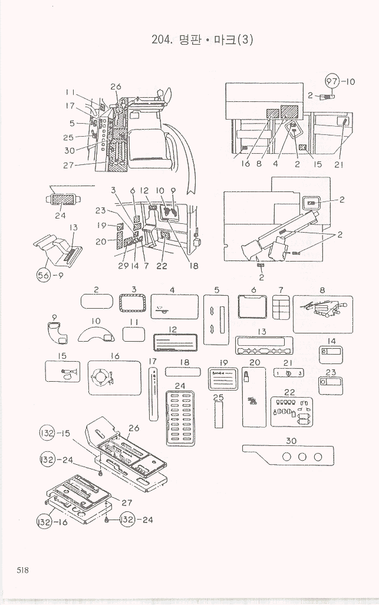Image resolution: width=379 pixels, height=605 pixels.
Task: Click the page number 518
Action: coord(23,570)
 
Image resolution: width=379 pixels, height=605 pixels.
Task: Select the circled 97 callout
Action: coord(333,82)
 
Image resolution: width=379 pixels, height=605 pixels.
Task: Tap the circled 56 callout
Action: coord(44,277)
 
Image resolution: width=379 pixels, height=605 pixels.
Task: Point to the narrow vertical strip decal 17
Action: coord(153,394)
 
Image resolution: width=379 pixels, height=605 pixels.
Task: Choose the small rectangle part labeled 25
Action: coord(219,415)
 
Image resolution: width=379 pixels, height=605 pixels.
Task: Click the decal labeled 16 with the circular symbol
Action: coord(114,378)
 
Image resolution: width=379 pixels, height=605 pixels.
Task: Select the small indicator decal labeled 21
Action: coord(289,372)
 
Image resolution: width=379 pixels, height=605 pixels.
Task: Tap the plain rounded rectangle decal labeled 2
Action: coord(96,302)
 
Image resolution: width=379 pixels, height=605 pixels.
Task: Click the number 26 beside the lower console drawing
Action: coord(134,428)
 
